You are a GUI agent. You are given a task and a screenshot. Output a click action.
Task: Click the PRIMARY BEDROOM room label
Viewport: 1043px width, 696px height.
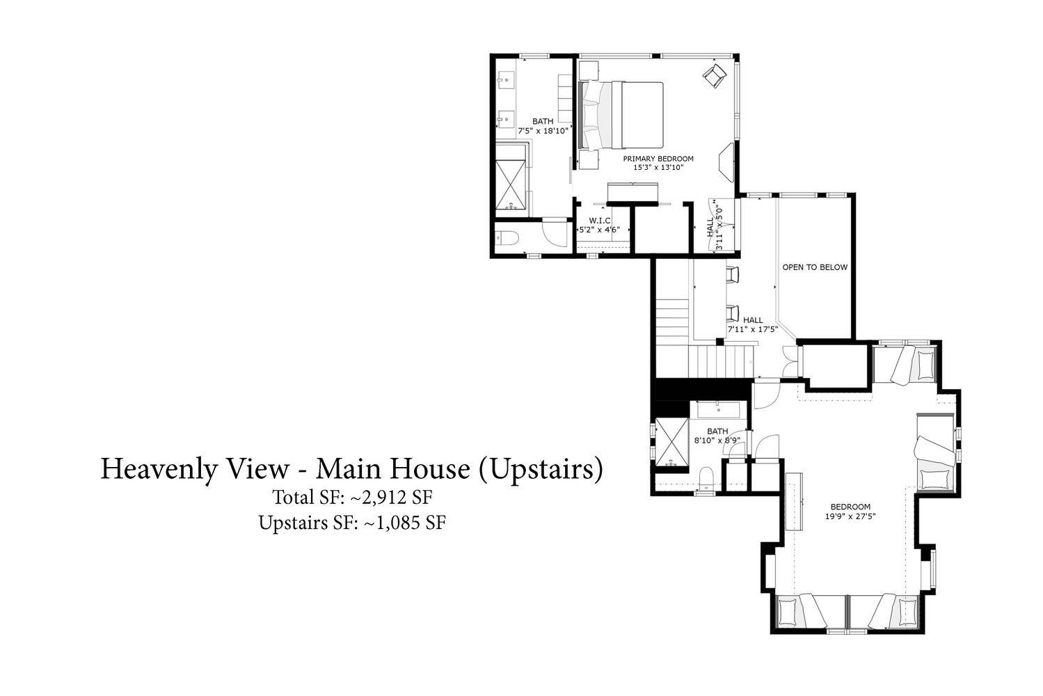point(658,159)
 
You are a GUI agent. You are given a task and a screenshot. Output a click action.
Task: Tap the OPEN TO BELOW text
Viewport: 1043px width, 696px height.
point(815,267)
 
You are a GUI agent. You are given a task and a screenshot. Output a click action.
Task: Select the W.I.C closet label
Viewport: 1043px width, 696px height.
point(599,221)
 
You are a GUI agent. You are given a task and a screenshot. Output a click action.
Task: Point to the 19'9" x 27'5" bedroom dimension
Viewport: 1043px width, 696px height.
point(850,516)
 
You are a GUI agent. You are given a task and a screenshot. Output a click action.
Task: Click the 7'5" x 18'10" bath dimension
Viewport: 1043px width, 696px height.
point(543,131)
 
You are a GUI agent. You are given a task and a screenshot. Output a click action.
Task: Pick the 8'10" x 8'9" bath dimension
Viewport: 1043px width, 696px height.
point(717,441)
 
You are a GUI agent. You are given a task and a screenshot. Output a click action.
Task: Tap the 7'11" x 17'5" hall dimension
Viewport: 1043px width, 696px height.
point(753,329)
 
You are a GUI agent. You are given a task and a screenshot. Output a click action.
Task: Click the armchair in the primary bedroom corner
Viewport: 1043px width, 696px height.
point(715,75)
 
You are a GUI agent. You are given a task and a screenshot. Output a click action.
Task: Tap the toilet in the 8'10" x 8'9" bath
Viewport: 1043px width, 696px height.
point(706,478)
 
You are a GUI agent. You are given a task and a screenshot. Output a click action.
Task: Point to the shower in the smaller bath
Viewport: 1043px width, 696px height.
point(671,442)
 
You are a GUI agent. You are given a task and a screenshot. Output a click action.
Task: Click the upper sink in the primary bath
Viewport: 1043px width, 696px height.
point(506,79)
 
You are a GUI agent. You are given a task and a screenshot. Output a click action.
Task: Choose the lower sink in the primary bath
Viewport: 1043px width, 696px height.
point(506,119)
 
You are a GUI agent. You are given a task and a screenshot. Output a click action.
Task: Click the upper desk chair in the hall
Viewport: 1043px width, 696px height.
point(733,274)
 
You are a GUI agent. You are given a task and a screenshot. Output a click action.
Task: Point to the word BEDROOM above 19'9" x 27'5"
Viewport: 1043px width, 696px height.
point(850,507)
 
